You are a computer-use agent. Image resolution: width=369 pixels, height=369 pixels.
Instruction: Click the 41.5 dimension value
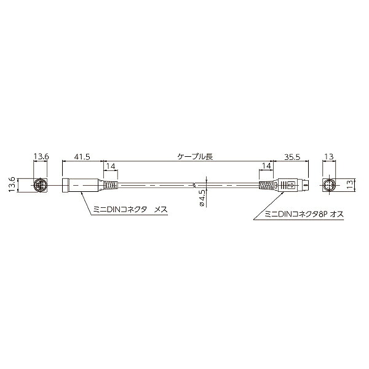pyautogui.click(x=82, y=157)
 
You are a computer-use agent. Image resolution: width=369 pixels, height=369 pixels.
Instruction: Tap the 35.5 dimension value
pyautogui.click(x=292, y=157)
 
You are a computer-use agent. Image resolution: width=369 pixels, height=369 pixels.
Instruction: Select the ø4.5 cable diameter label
pyautogui.click(x=202, y=198)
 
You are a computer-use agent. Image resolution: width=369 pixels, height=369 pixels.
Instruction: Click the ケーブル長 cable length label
pyautogui.click(x=195, y=156)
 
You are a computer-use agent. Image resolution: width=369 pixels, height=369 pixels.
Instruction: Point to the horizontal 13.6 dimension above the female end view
pyautogui.click(x=41, y=156)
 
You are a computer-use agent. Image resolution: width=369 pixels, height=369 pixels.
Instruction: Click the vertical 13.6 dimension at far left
pyautogui.click(x=12, y=184)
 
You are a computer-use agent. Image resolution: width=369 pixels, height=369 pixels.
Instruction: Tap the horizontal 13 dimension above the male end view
pyautogui.click(x=329, y=156)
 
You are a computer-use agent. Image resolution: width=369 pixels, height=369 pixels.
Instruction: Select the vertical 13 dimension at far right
pyautogui.click(x=351, y=185)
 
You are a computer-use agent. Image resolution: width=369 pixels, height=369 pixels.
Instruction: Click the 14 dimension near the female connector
pyautogui.click(x=111, y=166)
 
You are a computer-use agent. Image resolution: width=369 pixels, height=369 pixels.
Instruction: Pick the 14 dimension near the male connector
pyautogui.click(x=266, y=166)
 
